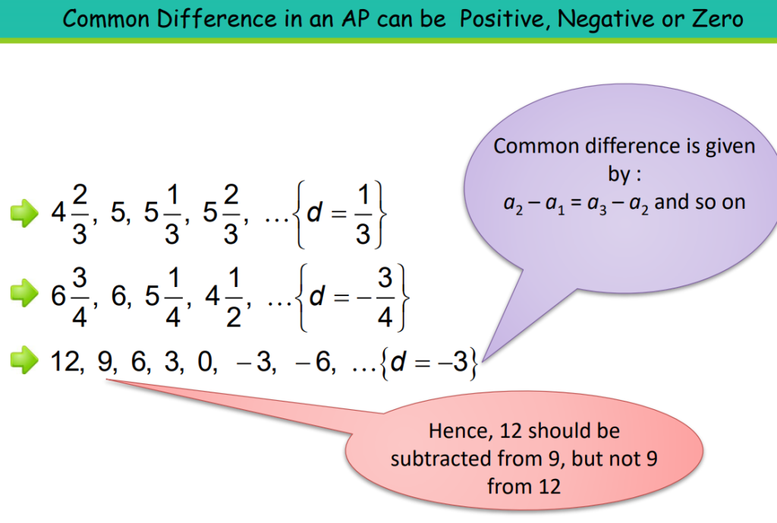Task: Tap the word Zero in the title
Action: (715, 18)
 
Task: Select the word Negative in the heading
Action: (604, 18)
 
